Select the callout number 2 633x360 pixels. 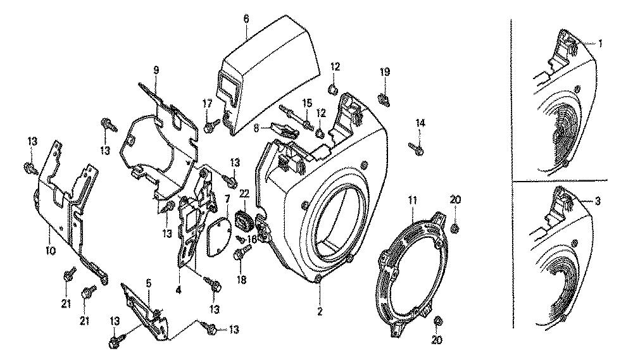point(320,311)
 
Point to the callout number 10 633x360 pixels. point(51,251)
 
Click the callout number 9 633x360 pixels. point(156,70)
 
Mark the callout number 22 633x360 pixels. point(244,193)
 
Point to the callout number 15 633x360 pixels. point(306,102)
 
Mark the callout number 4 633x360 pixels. point(179,291)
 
